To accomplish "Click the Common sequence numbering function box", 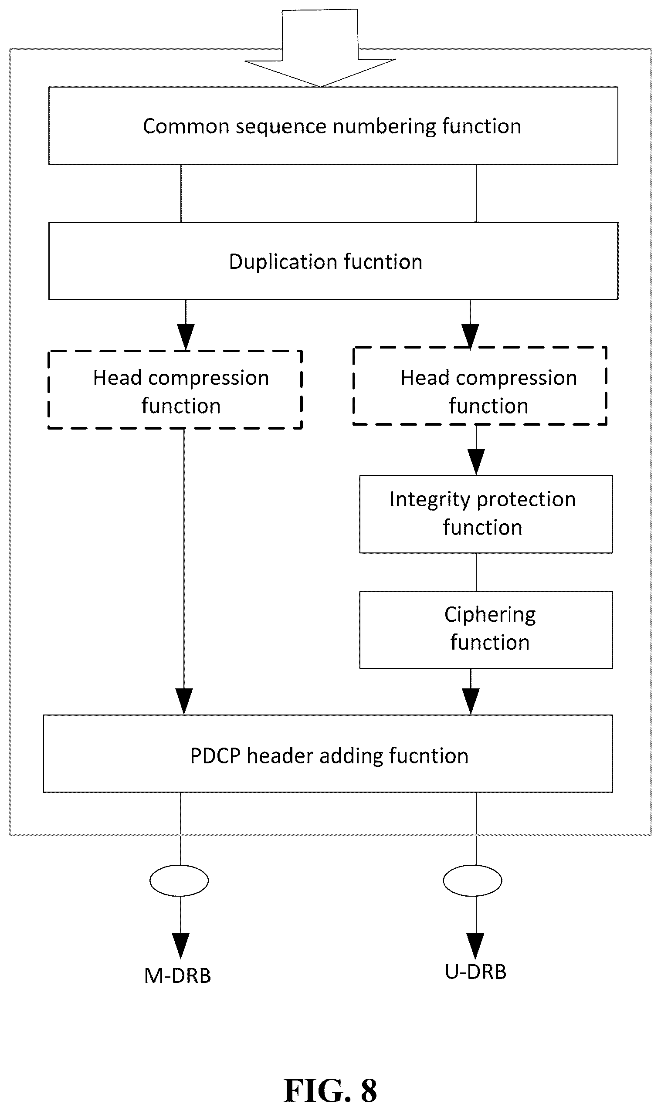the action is point(333,125).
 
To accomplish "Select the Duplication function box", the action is point(333,261).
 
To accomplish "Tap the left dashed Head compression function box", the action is point(175,390).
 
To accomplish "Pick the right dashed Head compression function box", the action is point(480,386).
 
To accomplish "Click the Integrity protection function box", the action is point(486,514).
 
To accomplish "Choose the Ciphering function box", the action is point(486,630).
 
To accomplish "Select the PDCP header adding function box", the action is point(328,754).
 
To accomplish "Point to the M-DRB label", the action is point(177,976).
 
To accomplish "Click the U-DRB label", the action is point(476,972).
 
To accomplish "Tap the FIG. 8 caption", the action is point(330,1091).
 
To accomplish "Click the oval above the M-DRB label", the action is point(179,881).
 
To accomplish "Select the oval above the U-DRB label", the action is point(473,881).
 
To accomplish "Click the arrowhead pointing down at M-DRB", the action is point(180,946).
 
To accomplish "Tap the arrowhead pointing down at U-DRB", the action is point(476,946).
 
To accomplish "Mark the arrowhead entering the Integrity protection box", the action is point(476,462).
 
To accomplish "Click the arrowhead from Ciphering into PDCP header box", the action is point(471,701).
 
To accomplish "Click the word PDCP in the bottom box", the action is point(216,755).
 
